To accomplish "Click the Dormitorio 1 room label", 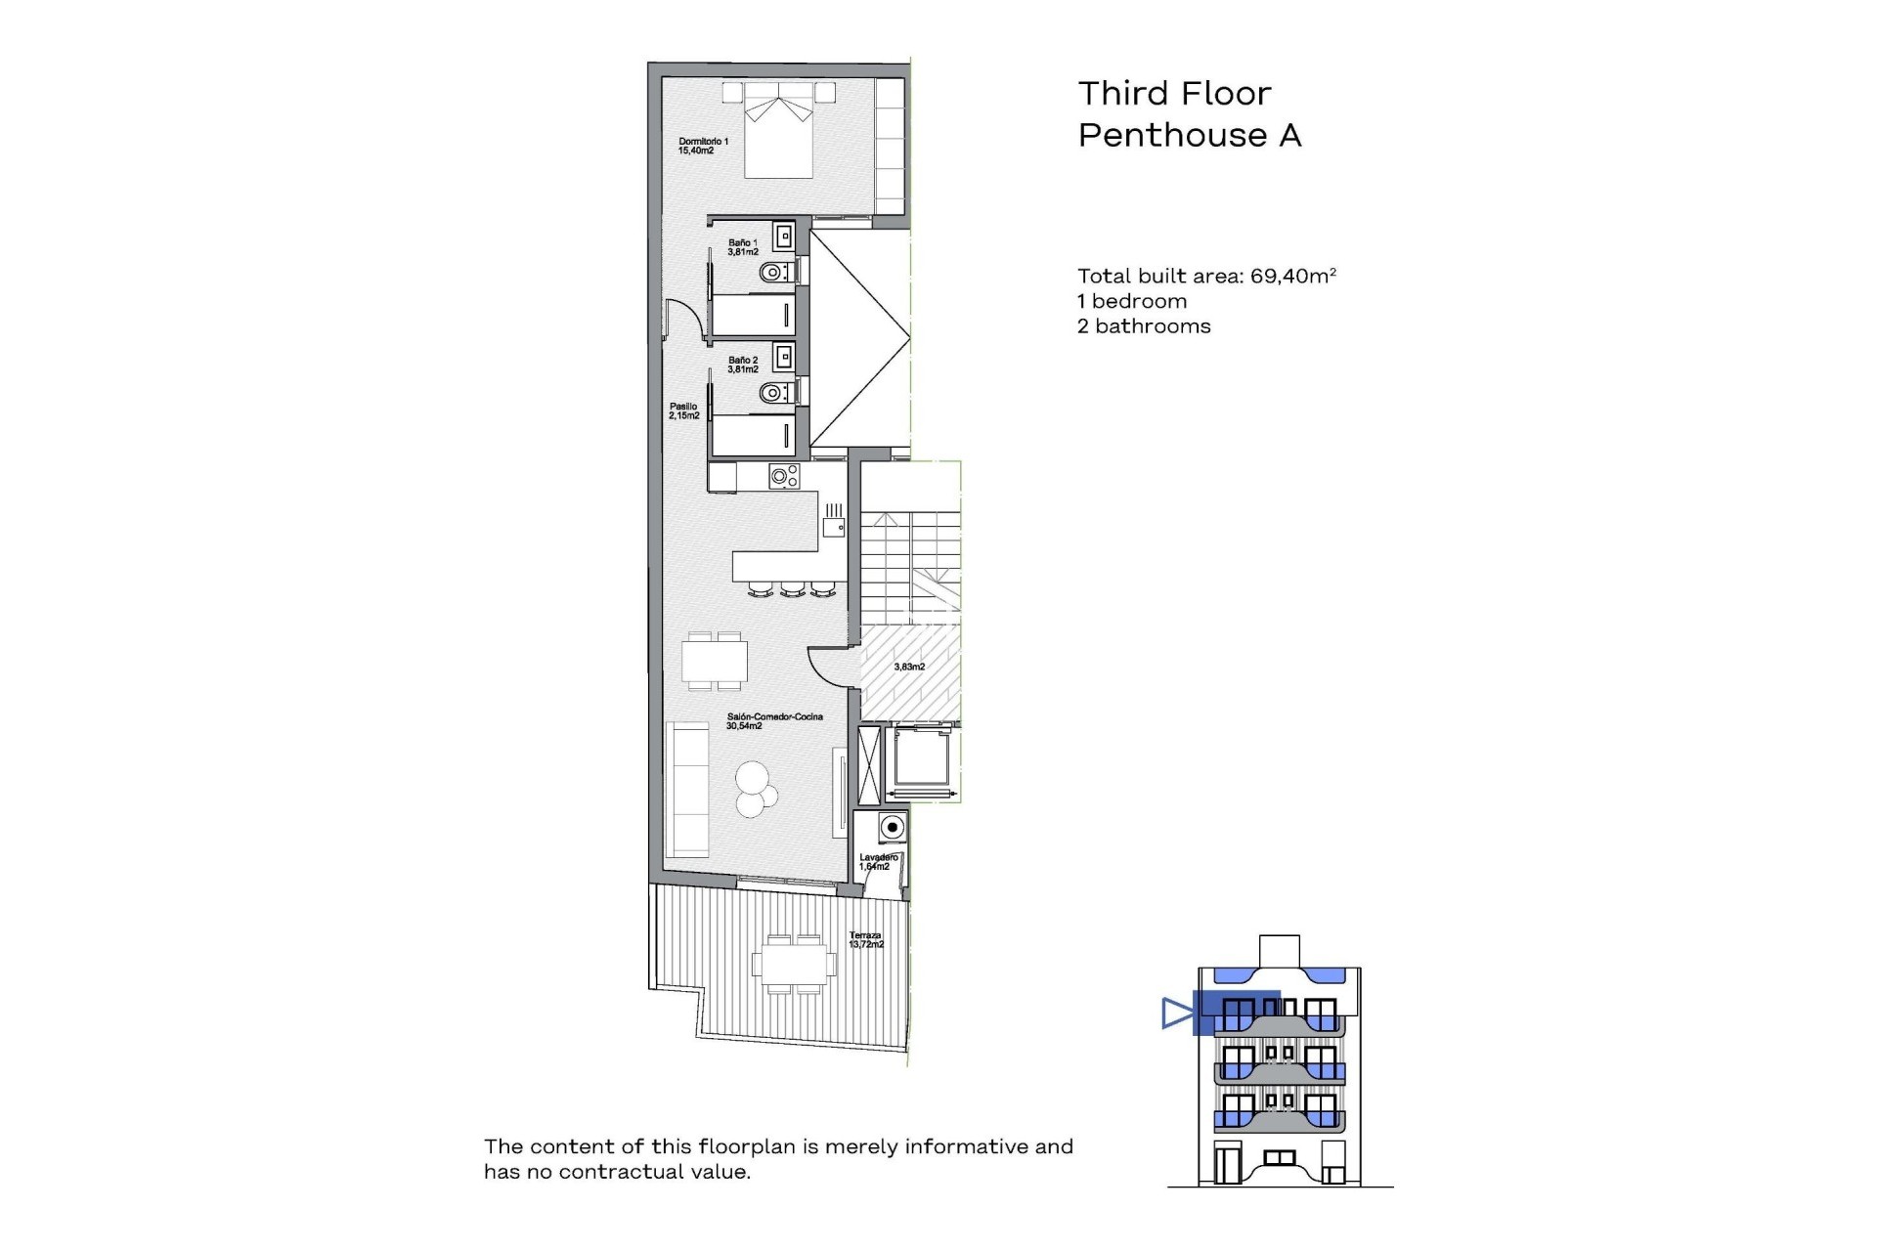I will click(703, 146).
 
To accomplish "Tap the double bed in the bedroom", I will click(778, 135).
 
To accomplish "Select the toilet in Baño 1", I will click(774, 272).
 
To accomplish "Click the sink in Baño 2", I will click(783, 358).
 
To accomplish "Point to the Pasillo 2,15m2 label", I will click(683, 411).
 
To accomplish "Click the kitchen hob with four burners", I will click(784, 477).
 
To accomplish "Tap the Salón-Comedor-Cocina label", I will click(773, 720).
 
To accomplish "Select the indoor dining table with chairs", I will click(715, 661).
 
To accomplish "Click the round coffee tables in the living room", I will click(755, 788).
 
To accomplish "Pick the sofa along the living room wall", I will click(686, 790).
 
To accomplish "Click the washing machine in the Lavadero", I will click(891, 828).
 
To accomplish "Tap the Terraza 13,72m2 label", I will click(866, 940).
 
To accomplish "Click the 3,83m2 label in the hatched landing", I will click(909, 667).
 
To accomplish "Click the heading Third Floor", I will click(1174, 94).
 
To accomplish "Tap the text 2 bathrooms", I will click(1144, 326).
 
